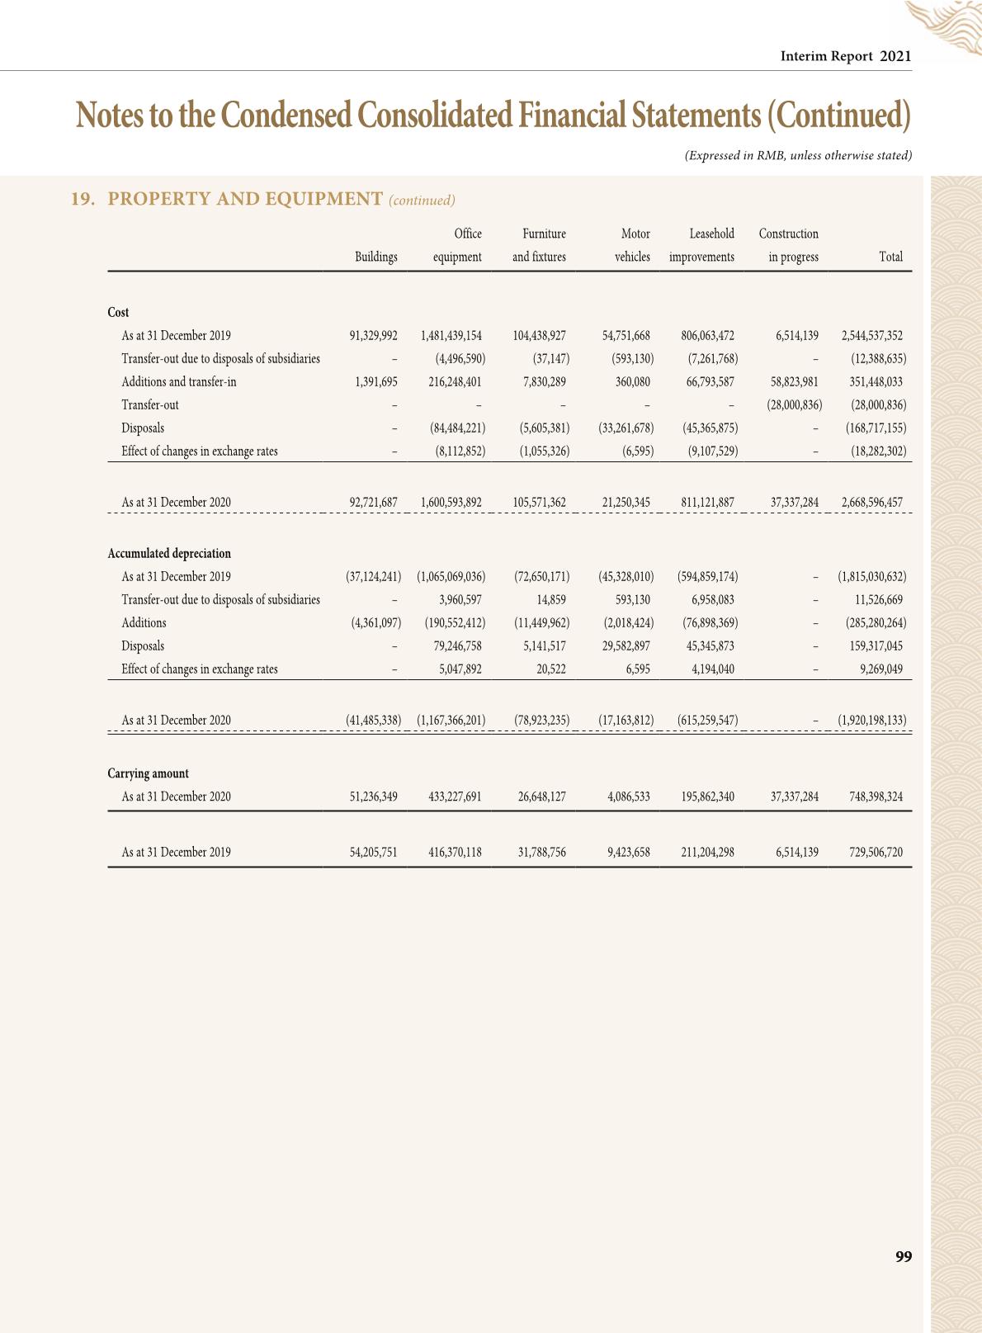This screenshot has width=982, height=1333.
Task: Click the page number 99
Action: pyautogui.click(x=904, y=1256)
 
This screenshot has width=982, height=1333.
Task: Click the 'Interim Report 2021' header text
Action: pyautogui.click(x=846, y=56)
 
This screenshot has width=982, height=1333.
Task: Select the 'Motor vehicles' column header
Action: pyautogui.click(x=633, y=245)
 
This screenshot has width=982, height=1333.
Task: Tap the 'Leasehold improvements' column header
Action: pyautogui.click(x=702, y=245)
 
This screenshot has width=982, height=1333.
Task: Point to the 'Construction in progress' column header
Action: pyautogui.click(x=790, y=245)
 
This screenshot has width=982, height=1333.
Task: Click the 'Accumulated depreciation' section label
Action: pyautogui.click(x=169, y=553)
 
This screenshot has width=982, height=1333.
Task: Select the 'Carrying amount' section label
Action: pyautogui.click(x=148, y=773)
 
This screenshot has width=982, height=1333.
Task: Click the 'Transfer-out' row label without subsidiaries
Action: pyautogui.click(x=150, y=404)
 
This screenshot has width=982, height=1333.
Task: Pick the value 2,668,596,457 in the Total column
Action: pyautogui.click(x=871, y=502)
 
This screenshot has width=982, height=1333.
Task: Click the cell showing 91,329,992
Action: pyautogui.click(x=373, y=335)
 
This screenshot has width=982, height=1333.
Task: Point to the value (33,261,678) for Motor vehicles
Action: pyautogui.click(x=626, y=428)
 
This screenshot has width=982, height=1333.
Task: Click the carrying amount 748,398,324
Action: pyautogui.click(x=876, y=796)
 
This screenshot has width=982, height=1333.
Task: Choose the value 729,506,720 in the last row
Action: pyautogui.click(x=876, y=852)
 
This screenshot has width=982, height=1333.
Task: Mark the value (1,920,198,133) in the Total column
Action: pyautogui.click(x=871, y=720)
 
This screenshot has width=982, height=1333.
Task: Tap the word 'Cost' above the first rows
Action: pyautogui.click(x=118, y=312)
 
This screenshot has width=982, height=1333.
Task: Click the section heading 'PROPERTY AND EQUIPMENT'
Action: pyautogui.click(x=245, y=199)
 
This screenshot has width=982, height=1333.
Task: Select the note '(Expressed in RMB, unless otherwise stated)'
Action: pyautogui.click(x=798, y=155)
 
